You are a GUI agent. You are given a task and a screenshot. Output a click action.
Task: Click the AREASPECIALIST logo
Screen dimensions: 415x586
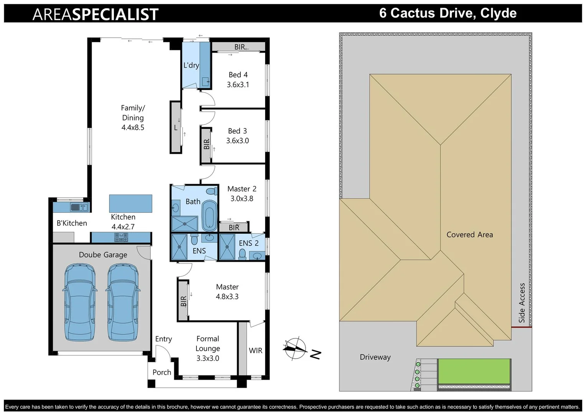(95, 14)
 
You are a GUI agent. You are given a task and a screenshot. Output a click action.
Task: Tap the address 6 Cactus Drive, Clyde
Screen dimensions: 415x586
(447, 13)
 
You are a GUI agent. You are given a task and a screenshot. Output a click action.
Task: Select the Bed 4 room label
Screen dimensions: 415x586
(238, 75)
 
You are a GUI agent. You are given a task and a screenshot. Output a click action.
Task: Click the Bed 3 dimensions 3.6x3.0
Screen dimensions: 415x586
(238, 141)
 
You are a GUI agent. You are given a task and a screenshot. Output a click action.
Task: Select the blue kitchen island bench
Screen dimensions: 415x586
(130, 203)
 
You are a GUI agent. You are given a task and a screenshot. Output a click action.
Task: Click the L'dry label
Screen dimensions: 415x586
(191, 65)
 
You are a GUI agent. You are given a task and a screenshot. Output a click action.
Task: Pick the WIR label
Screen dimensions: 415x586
(256, 350)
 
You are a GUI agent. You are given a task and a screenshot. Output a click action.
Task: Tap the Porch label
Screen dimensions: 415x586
(162, 372)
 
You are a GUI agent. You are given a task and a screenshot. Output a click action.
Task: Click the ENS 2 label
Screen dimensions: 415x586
(249, 243)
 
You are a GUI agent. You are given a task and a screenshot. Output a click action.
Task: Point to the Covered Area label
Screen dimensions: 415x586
(469, 234)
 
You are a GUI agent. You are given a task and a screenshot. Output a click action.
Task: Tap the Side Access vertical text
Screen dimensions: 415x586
(522, 303)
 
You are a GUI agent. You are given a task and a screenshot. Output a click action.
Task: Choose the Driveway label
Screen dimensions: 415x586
(375, 357)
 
